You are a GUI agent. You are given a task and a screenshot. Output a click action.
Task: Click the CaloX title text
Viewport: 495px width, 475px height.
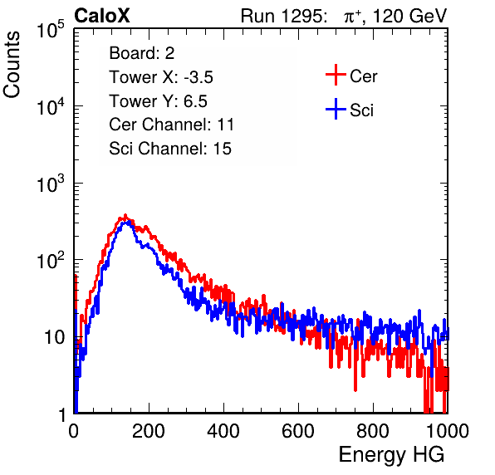[102, 16]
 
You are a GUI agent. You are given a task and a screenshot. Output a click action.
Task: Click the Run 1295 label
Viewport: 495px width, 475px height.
[283, 16]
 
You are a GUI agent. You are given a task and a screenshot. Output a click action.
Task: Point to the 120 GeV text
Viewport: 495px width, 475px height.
[409, 16]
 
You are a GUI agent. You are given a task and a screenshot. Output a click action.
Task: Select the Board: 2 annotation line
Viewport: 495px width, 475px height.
[142, 53]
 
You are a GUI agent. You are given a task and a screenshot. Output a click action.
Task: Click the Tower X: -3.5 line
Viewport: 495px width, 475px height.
[161, 77]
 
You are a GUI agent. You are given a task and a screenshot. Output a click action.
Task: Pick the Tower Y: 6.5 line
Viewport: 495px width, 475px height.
[158, 101]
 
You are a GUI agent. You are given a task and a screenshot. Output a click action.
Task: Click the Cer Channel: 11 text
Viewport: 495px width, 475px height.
[171, 125]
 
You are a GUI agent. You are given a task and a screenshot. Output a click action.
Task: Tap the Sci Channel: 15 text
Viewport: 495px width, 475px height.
[170, 149]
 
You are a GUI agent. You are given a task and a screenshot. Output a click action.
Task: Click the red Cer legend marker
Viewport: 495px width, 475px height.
[336, 75]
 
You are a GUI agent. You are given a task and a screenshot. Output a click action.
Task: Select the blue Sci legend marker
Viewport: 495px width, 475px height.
[336, 109]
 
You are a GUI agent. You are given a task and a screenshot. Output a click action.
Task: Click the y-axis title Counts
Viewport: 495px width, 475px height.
[12, 65]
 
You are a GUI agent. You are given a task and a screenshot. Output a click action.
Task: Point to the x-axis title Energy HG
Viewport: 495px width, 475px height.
[391, 455]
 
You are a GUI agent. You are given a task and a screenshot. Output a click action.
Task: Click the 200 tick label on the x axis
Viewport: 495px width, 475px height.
[149, 431]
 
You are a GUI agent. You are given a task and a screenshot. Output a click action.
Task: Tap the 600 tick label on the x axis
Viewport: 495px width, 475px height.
[298, 431]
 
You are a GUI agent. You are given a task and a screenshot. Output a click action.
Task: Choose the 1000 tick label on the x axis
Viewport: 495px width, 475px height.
[448, 431]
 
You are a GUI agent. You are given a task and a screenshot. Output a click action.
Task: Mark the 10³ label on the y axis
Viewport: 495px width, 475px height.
[51, 184]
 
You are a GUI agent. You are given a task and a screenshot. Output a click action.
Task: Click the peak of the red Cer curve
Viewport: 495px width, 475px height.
[125, 216]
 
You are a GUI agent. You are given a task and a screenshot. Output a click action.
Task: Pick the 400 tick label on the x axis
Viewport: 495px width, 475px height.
[223, 431]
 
